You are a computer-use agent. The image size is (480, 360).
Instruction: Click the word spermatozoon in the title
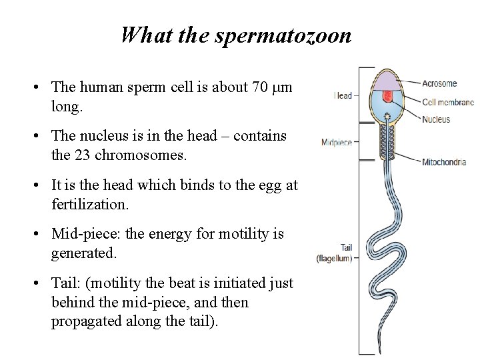point(283,35)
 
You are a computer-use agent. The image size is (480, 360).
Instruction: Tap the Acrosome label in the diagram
point(439,84)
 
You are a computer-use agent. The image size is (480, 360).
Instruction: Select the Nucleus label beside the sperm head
point(436,119)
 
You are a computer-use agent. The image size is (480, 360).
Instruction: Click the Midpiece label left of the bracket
point(336,142)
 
